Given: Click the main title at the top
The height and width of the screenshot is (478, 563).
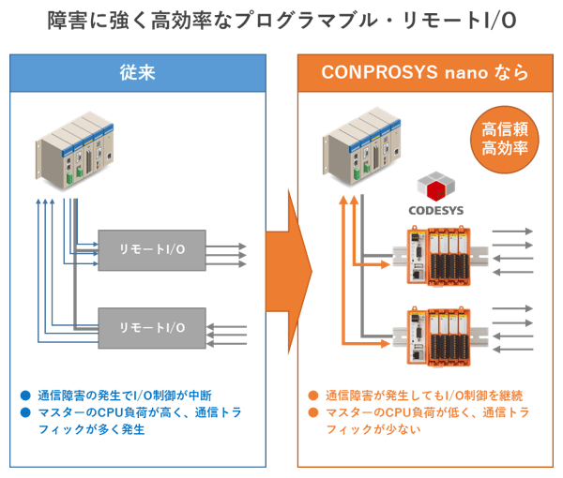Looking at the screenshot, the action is coord(281,21).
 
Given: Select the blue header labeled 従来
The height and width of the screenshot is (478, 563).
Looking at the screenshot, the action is coord(138,73).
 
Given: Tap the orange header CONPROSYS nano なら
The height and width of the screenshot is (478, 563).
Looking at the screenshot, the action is coord(425,73).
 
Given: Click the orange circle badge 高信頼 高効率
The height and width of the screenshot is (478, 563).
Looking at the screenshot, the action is coord(505,140).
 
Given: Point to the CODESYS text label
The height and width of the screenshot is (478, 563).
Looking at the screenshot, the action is coord(436,210).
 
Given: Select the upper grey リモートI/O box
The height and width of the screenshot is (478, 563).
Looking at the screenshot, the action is coord(152,250).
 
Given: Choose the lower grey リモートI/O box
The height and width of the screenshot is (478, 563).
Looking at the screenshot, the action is coord(152,328).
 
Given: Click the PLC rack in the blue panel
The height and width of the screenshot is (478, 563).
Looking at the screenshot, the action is coord(75,151).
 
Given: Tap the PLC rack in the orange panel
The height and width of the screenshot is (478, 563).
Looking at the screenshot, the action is coord(362,146).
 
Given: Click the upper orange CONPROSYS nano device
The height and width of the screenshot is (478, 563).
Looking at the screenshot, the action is coord(439,255).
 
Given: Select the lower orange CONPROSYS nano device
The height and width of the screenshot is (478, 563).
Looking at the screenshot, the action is coord(439,336).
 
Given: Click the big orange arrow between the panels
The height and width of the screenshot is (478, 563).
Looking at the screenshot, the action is coord(289,272).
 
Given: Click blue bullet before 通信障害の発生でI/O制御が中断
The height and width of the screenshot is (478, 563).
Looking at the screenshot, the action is coord(26,396).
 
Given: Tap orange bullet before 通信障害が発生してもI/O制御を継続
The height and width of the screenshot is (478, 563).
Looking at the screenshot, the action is coord(313,396).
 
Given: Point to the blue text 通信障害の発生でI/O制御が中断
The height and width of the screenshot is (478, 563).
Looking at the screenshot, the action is coord(125,396).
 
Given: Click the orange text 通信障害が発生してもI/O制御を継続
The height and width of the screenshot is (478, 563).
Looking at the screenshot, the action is coord(424,396).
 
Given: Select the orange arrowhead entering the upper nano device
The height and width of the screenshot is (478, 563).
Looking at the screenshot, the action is coord(386,265).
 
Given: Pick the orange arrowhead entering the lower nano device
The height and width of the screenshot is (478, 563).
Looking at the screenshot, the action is coord(386,344).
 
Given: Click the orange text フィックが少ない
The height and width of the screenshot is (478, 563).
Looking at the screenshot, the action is coord(373,429).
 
